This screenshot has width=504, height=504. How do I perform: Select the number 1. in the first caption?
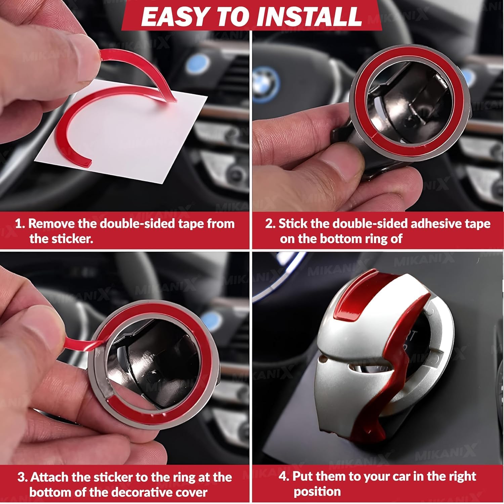(20, 224)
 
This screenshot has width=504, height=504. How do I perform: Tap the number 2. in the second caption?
(270, 224)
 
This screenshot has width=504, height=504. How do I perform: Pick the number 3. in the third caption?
(23, 477)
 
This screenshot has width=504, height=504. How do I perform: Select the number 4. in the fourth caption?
(284, 476)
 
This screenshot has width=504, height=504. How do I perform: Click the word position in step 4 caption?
(317, 492)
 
